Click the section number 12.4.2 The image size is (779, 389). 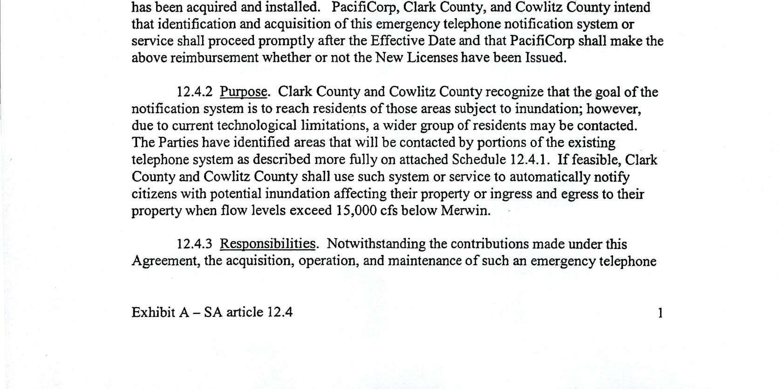click(x=194, y=92)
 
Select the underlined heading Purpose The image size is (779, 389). click(x=243, y=92)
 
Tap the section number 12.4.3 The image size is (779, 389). click(x=194, y=244)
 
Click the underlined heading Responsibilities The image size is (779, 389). click(x=267, y=244)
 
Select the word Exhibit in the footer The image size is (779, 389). click(x=151, y=312)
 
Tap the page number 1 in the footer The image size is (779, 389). click(x=660, y=313)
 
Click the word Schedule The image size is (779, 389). click(x=478, y=160)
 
